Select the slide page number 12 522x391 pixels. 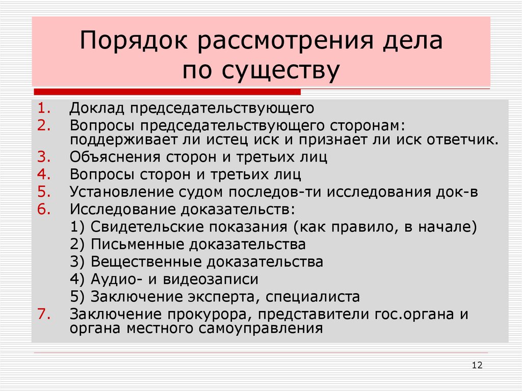pos(477,365)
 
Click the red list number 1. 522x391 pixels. pos(42,108)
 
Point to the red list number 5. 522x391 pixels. pos(42,192)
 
